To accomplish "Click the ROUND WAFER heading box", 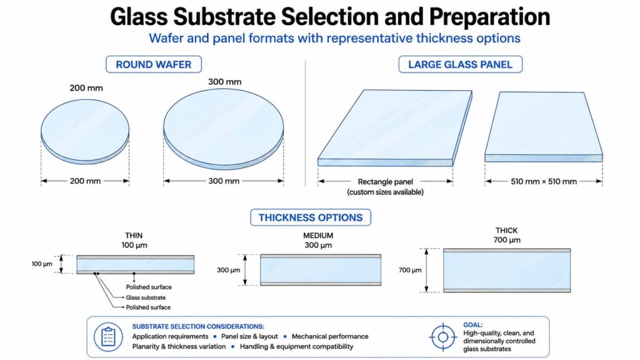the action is (154, 64).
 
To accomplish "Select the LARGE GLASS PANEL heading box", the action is (460, 64).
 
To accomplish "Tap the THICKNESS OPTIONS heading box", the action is (310, 217).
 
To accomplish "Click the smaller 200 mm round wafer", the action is (85, 132).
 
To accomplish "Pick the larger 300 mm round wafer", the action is (224, 129).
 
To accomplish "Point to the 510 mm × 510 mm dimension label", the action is (544, 182).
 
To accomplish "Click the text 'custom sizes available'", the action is (385, 192).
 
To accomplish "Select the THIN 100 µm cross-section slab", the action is (136, 264).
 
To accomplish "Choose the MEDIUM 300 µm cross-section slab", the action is (321, 270).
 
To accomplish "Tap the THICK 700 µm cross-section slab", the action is (507, 270).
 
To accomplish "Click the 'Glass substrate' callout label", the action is (146, 297).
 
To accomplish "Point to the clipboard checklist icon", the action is (108, 337).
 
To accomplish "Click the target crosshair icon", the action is (443, 337).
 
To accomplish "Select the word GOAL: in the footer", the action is (472, 325).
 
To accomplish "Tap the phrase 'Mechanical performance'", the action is (330, 336).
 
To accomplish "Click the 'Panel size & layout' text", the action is (249, 336).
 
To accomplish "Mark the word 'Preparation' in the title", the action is (489, 17).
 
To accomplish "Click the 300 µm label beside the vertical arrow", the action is (229, 270).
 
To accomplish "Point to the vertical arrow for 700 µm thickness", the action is (426, 270).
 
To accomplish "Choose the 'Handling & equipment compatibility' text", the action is (296, 346).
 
